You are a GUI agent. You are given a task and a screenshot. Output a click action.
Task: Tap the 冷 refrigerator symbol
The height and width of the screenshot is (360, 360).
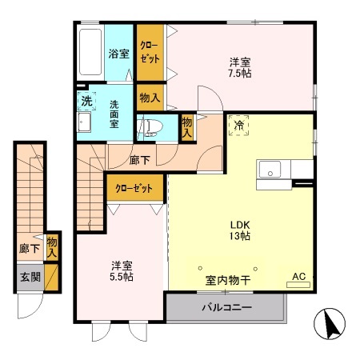238,126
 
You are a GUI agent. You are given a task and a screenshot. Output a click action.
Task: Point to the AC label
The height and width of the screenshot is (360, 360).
298,277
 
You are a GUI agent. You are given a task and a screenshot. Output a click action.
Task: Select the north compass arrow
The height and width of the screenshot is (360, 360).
331,323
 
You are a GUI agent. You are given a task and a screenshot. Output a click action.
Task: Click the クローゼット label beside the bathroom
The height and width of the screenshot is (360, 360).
150,53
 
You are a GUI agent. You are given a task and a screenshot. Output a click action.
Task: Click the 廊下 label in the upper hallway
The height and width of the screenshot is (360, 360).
138,158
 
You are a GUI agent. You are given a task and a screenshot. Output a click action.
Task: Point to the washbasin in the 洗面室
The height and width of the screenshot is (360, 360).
85,122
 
